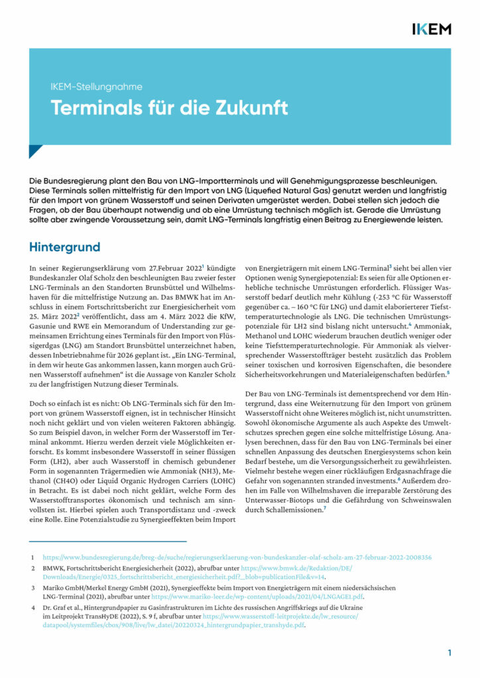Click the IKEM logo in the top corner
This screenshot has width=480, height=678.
[431, 28]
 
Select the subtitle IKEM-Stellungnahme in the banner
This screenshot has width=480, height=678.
[96, 87]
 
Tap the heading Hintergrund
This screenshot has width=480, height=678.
[64, 247]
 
